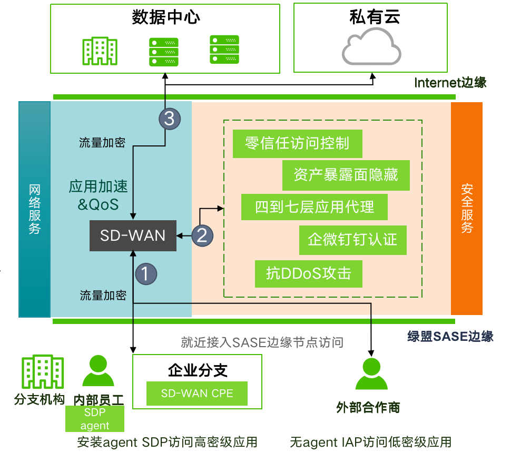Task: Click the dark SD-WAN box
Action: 133,235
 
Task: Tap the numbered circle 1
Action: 146,273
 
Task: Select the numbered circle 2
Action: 202,235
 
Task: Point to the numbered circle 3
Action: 170,119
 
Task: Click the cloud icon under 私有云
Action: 371,47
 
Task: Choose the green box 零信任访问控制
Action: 297,143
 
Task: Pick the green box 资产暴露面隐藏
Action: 346,175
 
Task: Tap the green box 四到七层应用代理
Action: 315,207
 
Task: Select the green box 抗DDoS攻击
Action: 308,273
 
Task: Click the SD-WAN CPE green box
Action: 196,393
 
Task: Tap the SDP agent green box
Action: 95,419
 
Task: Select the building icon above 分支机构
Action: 43,372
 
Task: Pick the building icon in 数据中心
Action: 100,50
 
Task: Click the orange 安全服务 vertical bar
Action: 467,208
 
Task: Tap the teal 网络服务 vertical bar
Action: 34,209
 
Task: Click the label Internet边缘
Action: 450,83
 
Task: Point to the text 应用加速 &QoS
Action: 98,195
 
